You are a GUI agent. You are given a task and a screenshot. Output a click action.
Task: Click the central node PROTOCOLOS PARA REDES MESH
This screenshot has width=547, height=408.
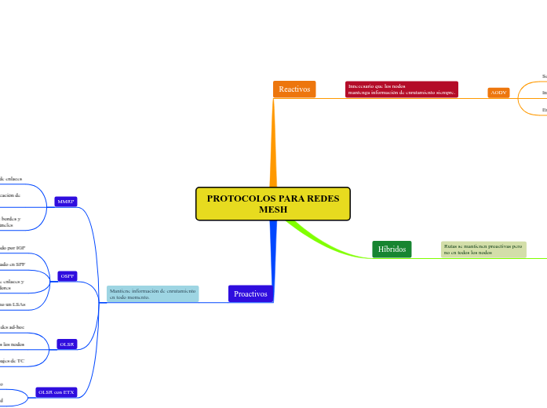(272, 204)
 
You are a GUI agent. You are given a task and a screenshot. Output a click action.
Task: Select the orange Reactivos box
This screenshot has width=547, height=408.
(294, 89)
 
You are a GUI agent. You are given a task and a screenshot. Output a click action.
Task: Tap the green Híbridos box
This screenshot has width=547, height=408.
(392, 250)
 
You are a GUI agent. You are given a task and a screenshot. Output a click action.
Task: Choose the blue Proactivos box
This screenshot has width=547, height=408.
(250, 293)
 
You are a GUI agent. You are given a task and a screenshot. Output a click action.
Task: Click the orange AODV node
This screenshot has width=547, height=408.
(498, 93)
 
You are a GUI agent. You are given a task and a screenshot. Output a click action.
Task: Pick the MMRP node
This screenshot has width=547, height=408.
(66, 202)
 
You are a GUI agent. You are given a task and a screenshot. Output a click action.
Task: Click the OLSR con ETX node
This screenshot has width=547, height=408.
(56, 392)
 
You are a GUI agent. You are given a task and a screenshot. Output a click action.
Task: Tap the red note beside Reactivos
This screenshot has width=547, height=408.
(401, 89)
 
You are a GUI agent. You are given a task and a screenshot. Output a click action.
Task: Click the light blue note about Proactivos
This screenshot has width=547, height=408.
(152, 293)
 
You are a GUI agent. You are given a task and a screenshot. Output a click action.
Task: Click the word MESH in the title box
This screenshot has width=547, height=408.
(272, 210)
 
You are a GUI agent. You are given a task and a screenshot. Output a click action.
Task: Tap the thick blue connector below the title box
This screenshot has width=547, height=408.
(274, 251)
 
